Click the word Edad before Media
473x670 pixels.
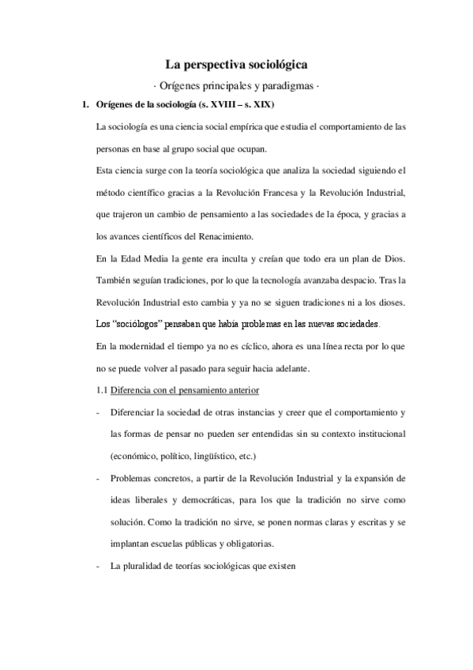125,258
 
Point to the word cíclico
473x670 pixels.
257,345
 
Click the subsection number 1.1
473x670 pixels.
101,390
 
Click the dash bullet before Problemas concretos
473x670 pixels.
96,479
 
